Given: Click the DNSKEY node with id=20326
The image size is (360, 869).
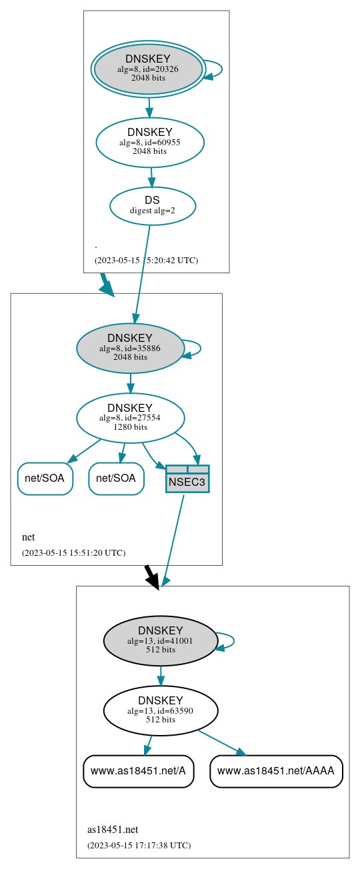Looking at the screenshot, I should pyautogui.click(x=148, y=69).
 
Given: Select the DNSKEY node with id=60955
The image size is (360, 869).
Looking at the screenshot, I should pyautogui.click(x=150, y=142).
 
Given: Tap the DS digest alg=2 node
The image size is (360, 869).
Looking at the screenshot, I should pyautogui.click(x=152, y=205).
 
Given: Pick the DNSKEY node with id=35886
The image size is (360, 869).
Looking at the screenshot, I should pyautogui.click(x=130, y=348).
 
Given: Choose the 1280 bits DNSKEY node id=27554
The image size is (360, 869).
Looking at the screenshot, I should pyautogui.click(x=130, y=418).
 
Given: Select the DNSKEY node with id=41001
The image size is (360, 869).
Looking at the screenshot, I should pyautogui.click(x=160, y=640).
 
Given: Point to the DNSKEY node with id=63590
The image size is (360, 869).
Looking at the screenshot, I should pyautogui.click(x=160, y=710).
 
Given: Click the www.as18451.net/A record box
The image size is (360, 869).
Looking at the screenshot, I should pyautogui.click(x=138, y=771).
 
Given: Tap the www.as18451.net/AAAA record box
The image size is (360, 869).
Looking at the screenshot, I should pyautogui.click(x=276, y=771).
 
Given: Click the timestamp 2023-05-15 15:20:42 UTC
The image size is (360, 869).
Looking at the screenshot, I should pyautogui.click(x=146, y=260).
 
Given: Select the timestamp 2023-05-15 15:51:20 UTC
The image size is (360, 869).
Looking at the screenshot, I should pyautogui.click(x=73, y=552).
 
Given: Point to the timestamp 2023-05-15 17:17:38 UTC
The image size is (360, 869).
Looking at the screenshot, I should pyautogui.click(x=139, y=845).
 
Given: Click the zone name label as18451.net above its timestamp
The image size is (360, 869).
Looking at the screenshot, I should pyautogui.click(x=113, y=830).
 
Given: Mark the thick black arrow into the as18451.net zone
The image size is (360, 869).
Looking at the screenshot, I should pyautogui.click(x=152, y=576).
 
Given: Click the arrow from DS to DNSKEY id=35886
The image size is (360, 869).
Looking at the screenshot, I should pyautogui.click(x=142, y=273).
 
